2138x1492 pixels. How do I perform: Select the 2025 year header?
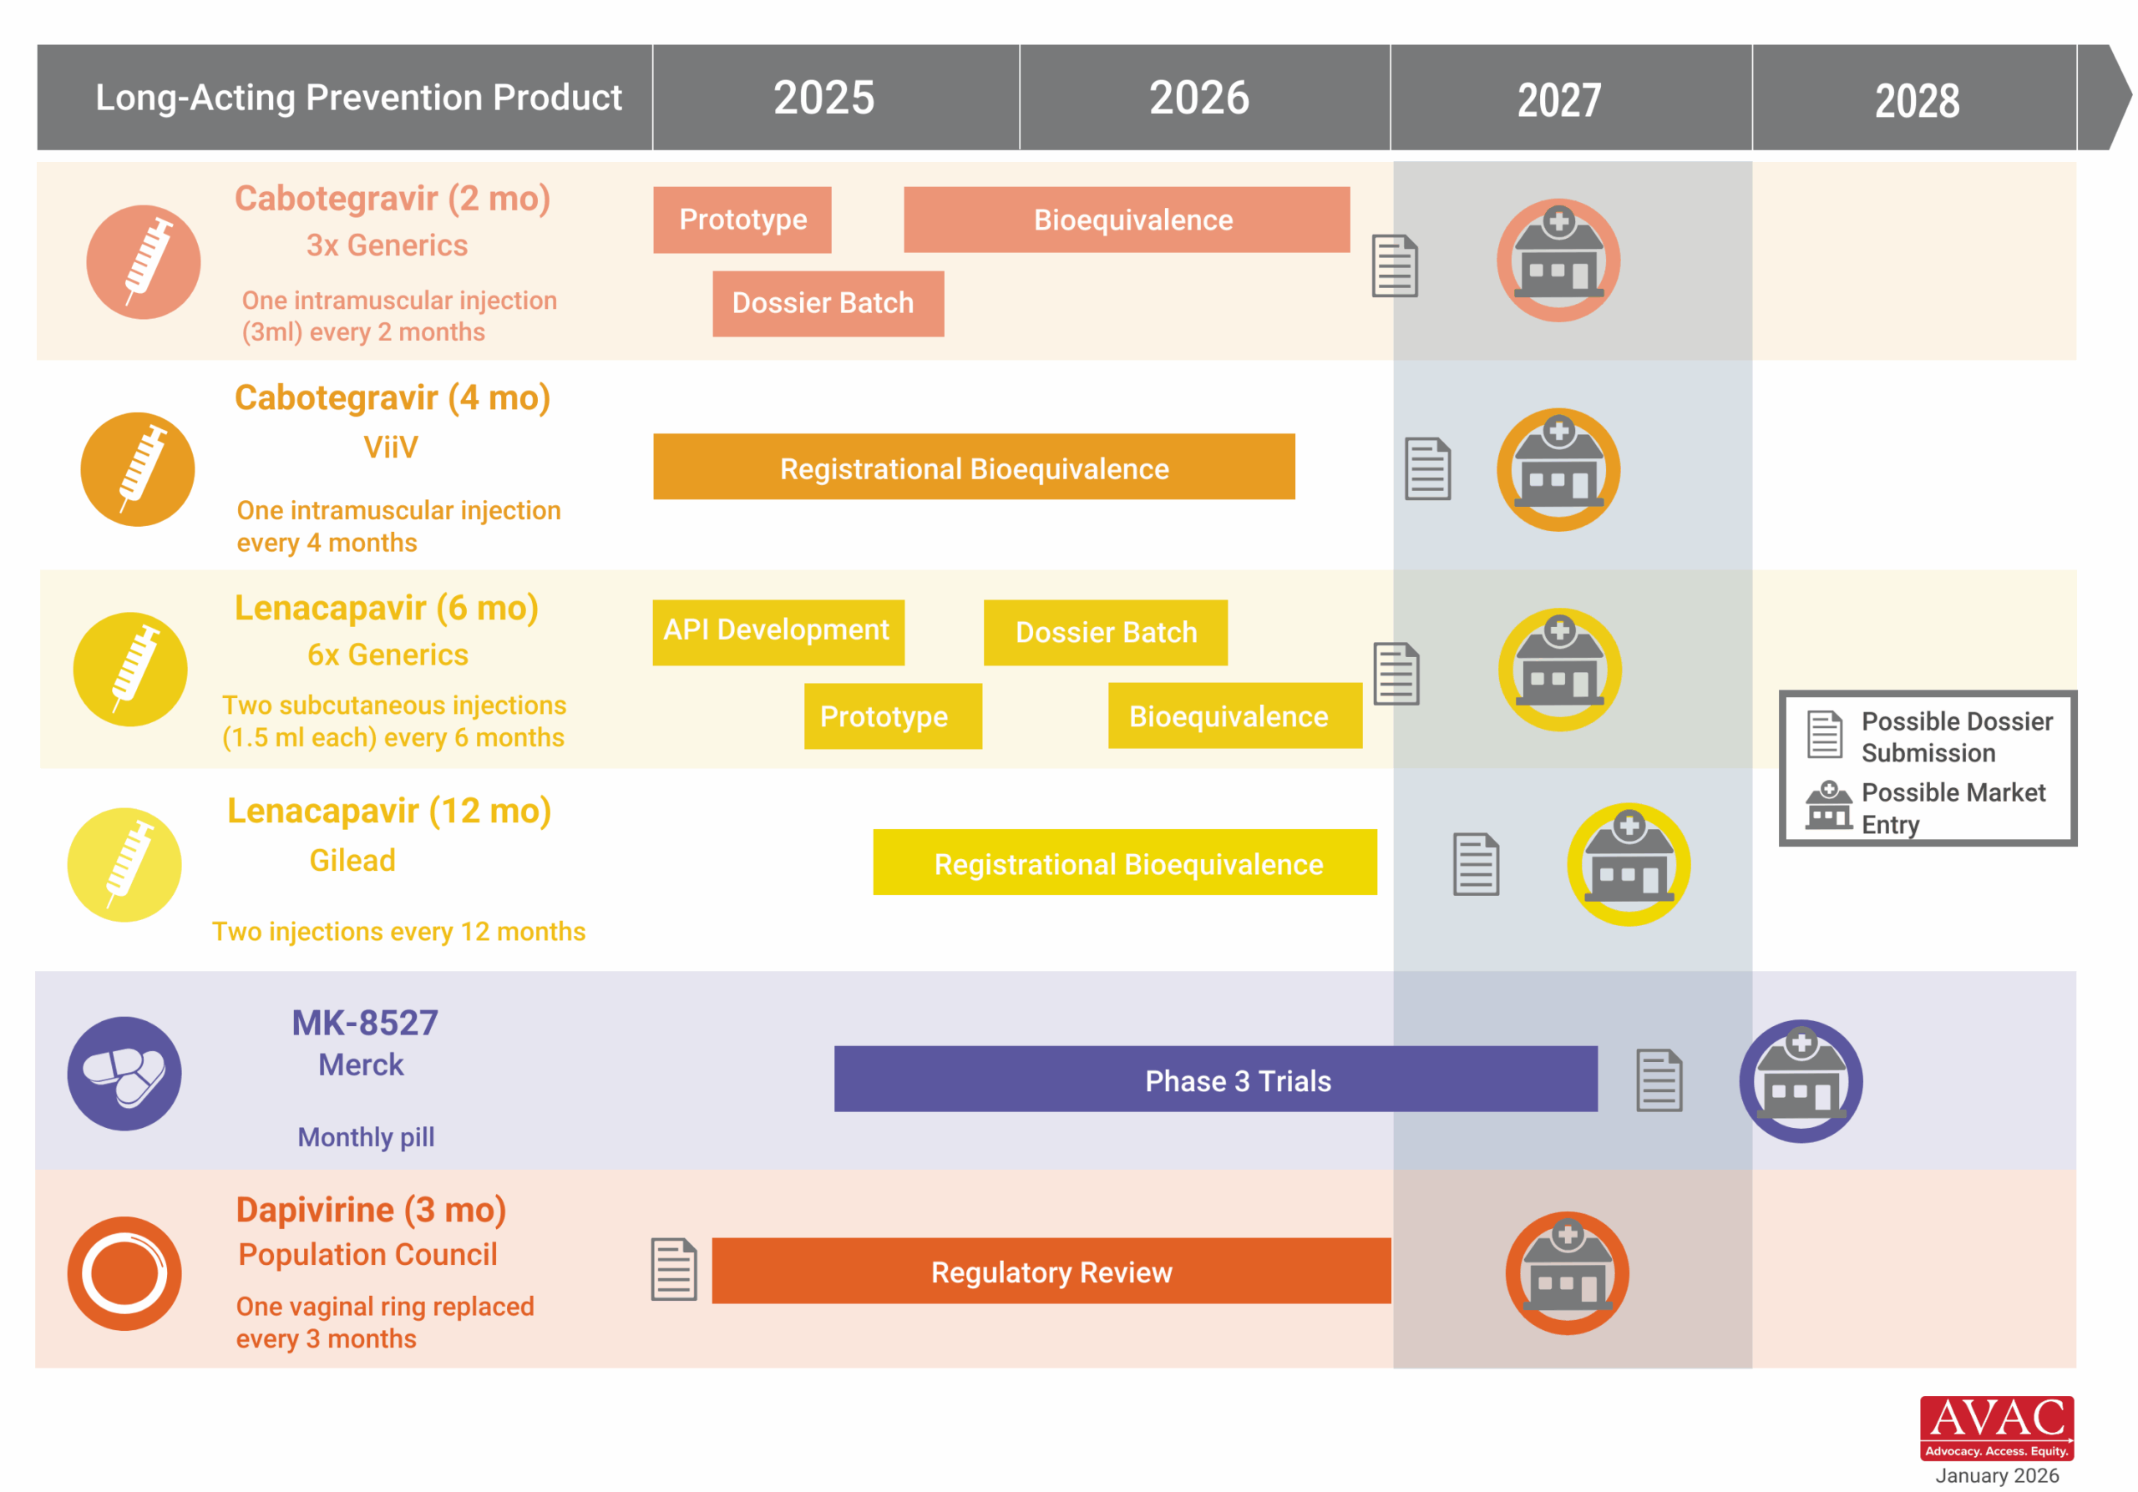pyautogui.click(x=823, y=98)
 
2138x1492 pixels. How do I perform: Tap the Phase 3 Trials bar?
pyautogui.click(x=1215, y=1080)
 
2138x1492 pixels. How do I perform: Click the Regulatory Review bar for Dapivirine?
pyautogui.click(x=1051, y=1272)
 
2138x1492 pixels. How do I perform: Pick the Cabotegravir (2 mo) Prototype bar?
pyautogui.click(x=742, y=220)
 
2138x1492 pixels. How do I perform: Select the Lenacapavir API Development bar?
pyautogui.click(x=778, y=631)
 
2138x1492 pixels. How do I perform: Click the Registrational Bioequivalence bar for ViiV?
pyautogui.click(x=973, y=468)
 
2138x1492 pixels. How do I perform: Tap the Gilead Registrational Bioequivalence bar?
pyautogui.click(x=1124, y=862)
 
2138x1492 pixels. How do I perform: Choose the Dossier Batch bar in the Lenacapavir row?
pyautogui.click(x=1105, y=632)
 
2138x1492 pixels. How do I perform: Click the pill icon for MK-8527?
pyautogui.click(x=124, y=1073)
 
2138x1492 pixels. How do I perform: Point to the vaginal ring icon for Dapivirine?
pyautogui.click(x=124, y=1272)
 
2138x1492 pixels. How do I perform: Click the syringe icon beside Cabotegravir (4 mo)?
pyautogui.click(x=138, y=469)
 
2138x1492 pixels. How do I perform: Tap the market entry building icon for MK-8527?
pyautogui.click(x=1800, y=1080)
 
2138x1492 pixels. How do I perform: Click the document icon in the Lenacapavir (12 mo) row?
pyautogui.click(x=1475, y=864)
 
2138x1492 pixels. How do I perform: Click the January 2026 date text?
pyautogui.click(x=1997, y=1475)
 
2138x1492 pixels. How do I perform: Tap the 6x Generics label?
pyautogui.click(x=388, y=655)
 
